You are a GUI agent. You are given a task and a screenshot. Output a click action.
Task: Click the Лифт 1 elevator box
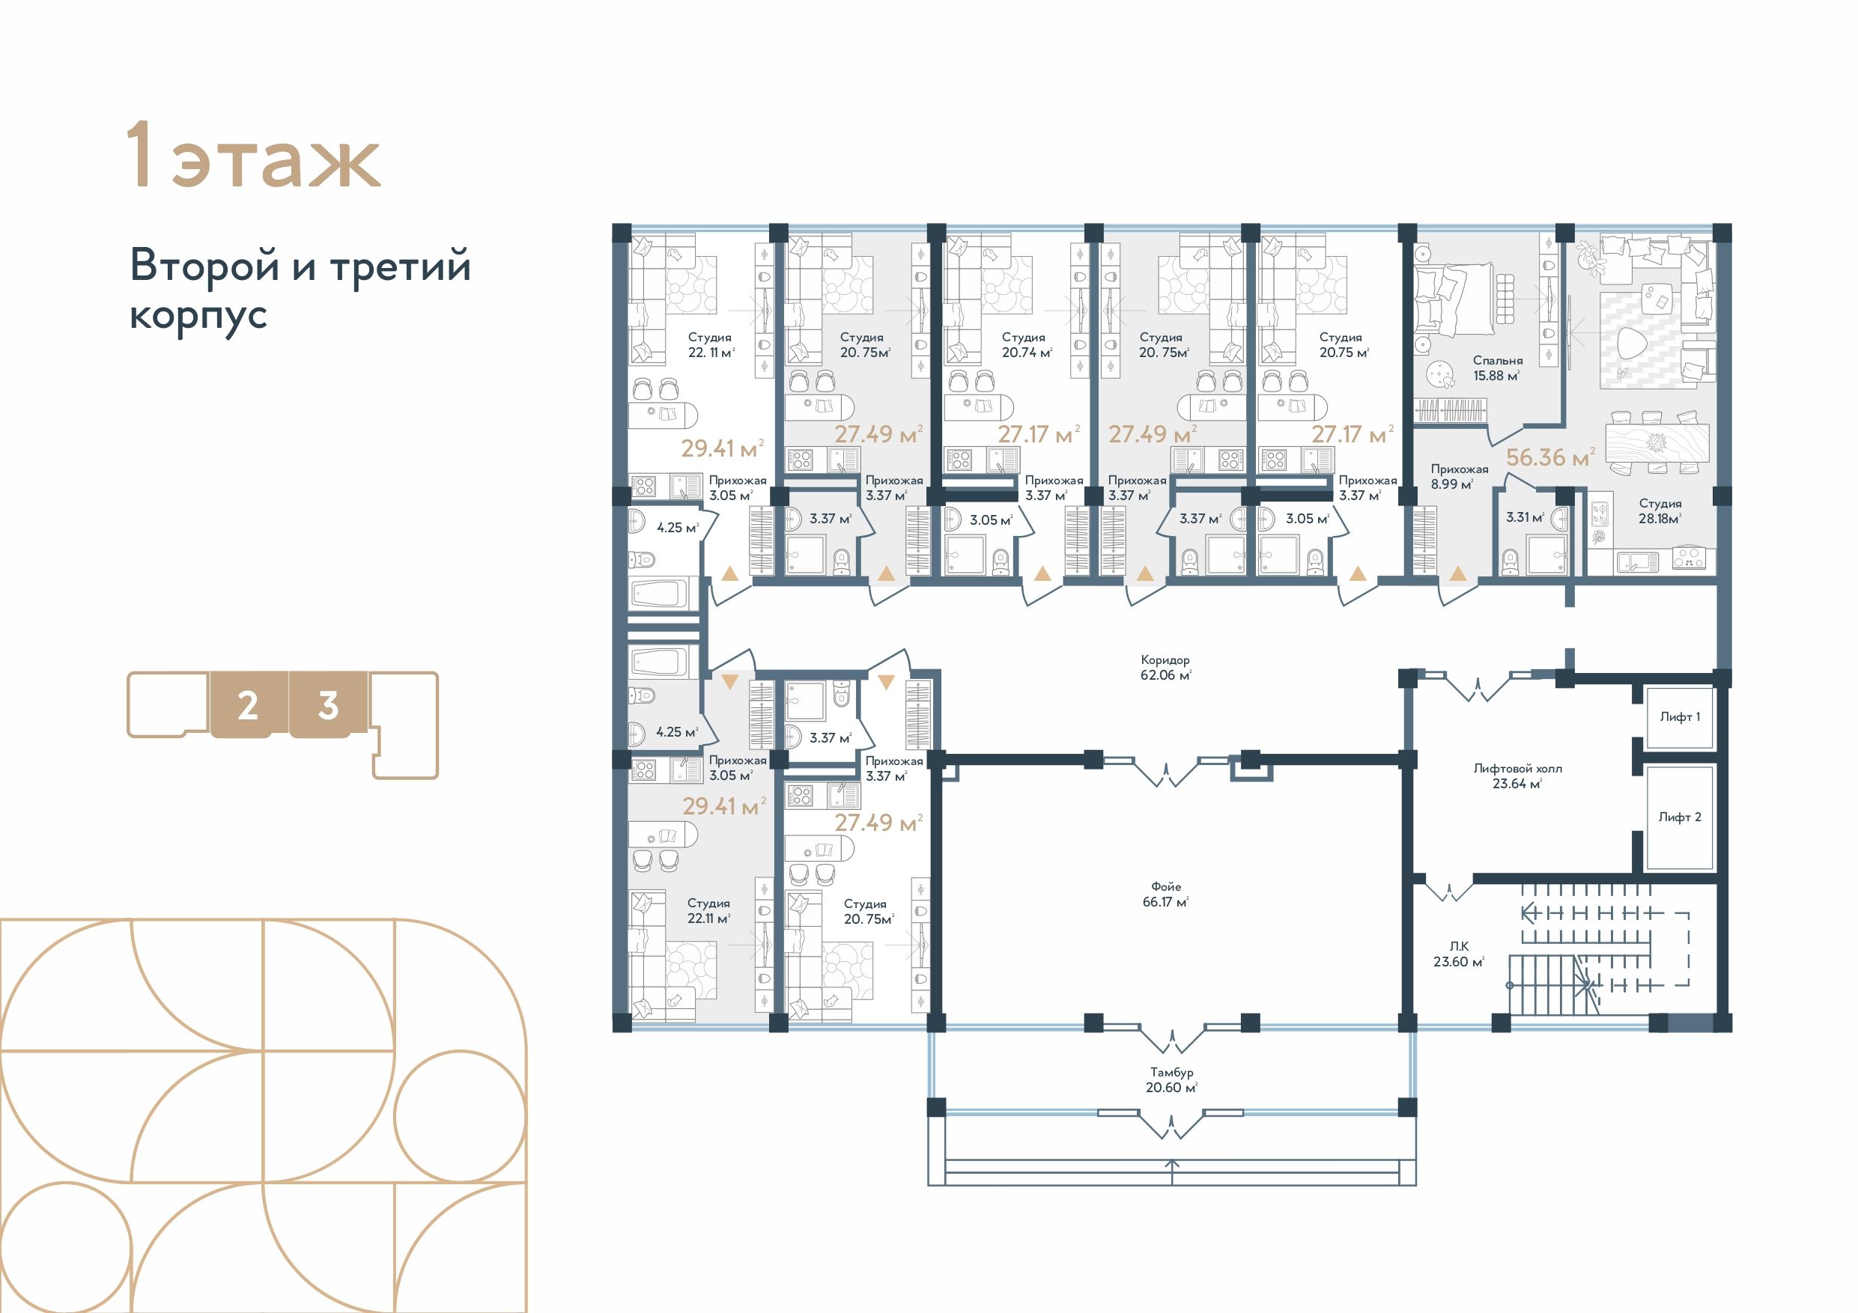point(1679,717)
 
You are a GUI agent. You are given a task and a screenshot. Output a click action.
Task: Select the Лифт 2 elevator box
point(1679,817)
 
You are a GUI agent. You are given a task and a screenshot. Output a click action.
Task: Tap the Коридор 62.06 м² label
point(1165,668)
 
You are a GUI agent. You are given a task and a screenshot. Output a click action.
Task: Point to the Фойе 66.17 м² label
point(1165,894)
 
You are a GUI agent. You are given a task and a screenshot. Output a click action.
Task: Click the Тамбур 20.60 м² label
point(1171,1080)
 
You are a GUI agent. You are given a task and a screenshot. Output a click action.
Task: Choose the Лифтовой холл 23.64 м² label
point(1517,776)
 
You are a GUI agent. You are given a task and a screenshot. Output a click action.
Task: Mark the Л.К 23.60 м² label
point(1458,954)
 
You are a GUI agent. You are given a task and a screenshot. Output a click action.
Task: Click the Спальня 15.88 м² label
point(1497,368)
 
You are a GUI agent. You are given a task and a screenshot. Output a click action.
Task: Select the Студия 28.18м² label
point(1660,511)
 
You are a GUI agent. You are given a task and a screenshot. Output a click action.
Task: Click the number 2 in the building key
point(248,705)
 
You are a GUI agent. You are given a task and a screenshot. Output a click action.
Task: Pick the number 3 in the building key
point(328,705)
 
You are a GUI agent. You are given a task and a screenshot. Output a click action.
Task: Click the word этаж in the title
point(276,162)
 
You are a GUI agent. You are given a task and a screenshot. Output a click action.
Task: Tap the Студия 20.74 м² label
point(1026,344)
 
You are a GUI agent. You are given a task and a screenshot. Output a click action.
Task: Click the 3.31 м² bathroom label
point(1525,517)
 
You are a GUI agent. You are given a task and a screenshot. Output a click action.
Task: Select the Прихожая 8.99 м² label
point(1459,477)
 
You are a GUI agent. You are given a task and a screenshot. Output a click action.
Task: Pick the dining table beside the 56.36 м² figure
point(1657,443)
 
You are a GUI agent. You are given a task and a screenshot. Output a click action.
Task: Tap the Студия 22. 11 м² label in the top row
point(711,344)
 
